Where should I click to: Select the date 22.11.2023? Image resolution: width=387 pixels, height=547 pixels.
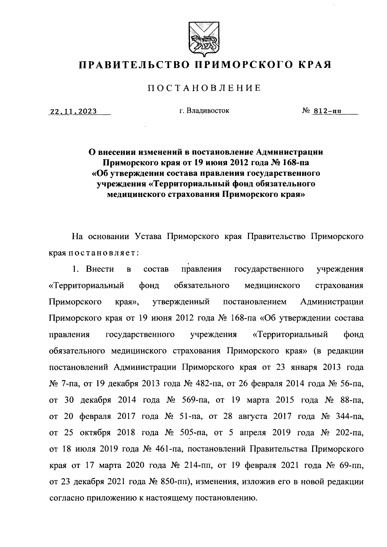(x=73, y=112)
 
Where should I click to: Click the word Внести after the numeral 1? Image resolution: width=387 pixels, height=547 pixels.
(x=100, y=269)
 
